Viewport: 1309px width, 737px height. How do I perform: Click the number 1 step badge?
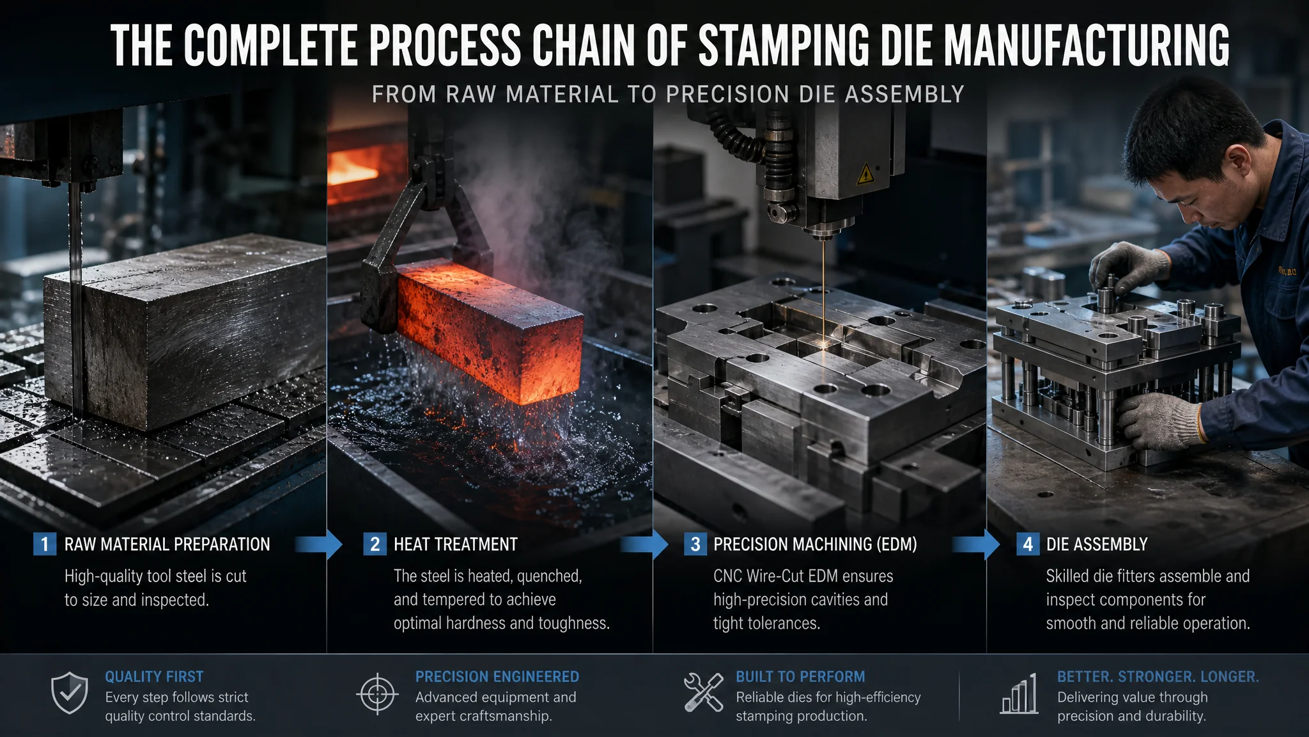(x=45, y=544)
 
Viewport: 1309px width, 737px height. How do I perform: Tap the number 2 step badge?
(x=375, y=544)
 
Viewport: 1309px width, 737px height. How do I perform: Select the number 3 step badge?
(x=695, y=544)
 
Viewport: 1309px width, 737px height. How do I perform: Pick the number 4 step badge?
(x=1028, y=544)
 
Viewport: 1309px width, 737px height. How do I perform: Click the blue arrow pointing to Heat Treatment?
(x=320, y=544)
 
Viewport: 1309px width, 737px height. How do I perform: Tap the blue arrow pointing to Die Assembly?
(x=977, y=544)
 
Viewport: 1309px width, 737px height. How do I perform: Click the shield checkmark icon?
(x=70, y=693)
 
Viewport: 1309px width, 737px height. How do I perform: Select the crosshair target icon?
(x=377, y=693)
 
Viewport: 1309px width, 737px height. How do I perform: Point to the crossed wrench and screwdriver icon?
(x=703, y=692)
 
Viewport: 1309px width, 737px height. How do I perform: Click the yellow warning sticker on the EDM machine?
(x=865, y=173)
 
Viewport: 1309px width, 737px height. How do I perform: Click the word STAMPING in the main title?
(x=784, y=46)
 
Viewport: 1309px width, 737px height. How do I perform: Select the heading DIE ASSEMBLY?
(x=1097, y=544)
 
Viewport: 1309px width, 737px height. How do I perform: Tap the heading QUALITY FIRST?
(x=154, y=677)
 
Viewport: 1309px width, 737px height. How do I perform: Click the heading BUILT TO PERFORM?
(x=800, y=677)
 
